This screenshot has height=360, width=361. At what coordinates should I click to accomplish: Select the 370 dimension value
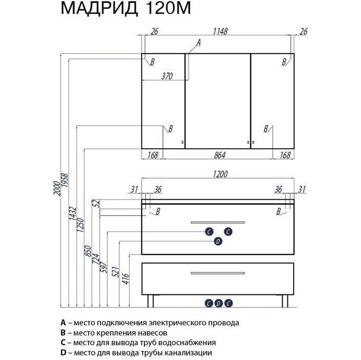pos(166,76)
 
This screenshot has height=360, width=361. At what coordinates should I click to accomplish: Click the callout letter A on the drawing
pos(199,42)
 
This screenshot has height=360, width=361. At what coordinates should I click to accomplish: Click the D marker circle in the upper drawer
pos(218,242)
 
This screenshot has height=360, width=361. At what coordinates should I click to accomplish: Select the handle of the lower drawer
pos(218,273)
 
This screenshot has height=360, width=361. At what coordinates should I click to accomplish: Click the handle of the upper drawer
pos(218,221)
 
